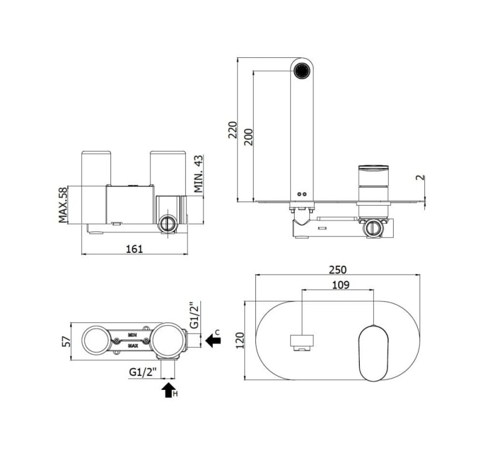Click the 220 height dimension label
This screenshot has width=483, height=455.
(233, 130)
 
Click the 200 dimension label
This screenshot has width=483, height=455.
(248, 137)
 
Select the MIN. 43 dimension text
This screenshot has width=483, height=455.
(199, 174)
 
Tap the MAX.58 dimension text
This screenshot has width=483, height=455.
(63, 205)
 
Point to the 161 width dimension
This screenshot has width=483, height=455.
(134, 249)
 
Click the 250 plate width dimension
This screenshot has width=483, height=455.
(337, 270)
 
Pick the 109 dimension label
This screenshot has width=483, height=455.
(341, 285)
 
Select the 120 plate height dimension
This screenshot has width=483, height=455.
(240, 340)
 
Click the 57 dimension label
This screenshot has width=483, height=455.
(66, 342)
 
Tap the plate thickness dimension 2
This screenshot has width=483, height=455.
(421, 177)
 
